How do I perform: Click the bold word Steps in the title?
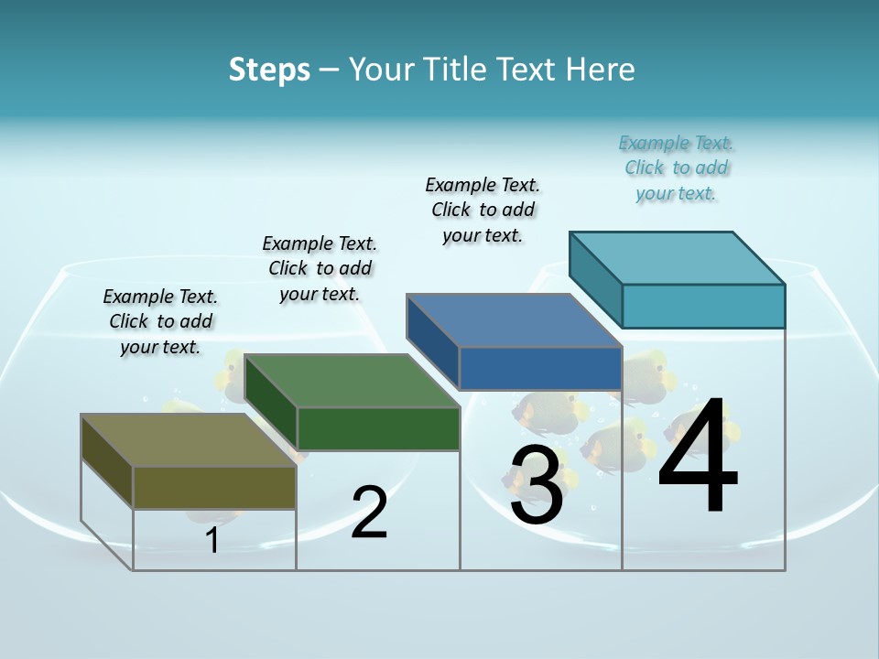coord(269,70)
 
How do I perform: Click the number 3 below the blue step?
coord(536,485)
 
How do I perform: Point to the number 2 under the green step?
coord(369,513)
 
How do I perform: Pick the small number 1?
coord(212,541)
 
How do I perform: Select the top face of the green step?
coord(352,380)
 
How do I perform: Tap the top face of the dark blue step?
coord(514,320)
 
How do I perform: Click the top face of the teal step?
coord(678,258)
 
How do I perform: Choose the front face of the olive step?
coord(214,488)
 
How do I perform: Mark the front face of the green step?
coord(378,428)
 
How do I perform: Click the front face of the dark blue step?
coord(540,368)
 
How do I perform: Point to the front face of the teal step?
coord(703,306)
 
